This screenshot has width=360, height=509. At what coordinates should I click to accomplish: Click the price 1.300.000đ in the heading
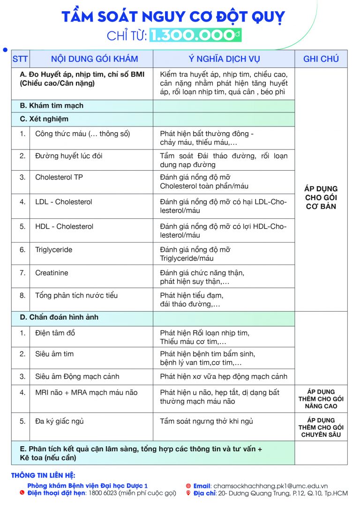click(195, 36)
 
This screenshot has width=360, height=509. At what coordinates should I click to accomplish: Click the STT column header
click(20, 59)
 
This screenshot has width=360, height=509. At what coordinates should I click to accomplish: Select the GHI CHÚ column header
click(321, 59)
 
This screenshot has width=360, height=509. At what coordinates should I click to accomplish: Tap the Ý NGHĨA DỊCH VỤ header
click(224, 59)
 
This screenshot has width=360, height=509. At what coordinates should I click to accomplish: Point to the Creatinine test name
click(52, 273)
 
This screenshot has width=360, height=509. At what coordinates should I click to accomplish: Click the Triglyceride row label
click(53, 250)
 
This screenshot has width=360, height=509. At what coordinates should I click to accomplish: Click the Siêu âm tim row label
click(54, 354)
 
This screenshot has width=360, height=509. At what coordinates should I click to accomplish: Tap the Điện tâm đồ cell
click(55, 333)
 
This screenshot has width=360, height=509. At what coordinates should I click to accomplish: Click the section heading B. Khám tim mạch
click(52, 106)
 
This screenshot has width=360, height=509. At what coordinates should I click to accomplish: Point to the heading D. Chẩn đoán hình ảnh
click(59, 317)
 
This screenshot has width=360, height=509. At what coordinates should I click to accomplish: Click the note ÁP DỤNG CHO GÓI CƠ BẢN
click(321, 197)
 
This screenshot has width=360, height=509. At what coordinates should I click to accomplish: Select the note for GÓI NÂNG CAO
click(321, 399)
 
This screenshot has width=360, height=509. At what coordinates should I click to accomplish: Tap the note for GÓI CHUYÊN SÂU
click(321, 427)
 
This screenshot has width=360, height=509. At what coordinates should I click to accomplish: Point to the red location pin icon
click(188, 493)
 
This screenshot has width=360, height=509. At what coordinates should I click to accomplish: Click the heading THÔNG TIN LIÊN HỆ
click(43, 476)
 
